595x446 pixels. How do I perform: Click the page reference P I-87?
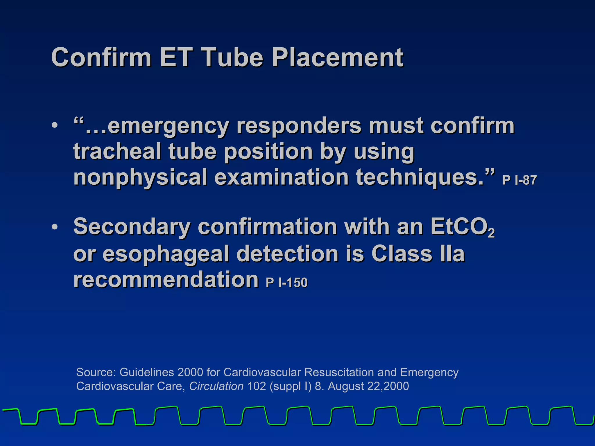click(519, 180)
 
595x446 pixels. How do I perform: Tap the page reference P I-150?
click(286, 283)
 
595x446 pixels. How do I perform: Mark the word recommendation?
click(166, 279)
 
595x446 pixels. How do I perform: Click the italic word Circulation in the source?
click(216, 386)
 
